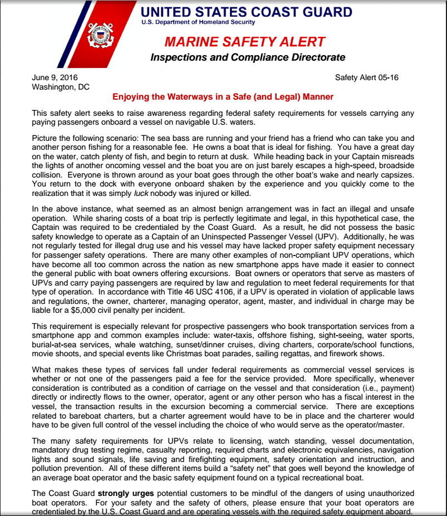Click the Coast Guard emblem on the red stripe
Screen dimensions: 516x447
[101, 35]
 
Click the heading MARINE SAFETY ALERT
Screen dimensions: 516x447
[245, 42]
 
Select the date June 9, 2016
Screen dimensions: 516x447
[55, 77]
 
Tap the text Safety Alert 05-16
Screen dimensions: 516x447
[366, 77]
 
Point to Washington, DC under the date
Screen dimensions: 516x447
[61, 87]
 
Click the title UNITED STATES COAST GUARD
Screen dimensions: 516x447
[246, 12]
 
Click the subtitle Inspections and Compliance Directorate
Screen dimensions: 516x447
[248, 57]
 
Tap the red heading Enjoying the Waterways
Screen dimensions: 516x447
[223, 97]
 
